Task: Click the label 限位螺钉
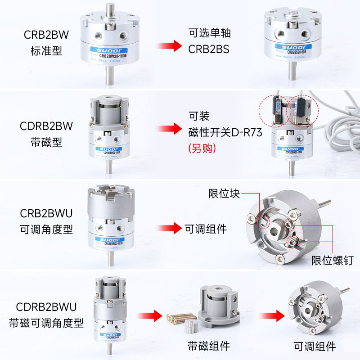tap(332, 261)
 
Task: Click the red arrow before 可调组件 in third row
tap(169, 229)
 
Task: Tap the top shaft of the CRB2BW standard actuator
tap(108, 10)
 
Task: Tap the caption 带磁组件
tap(209, 346)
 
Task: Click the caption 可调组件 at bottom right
tap(315, 346)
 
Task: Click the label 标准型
tap(45, 50)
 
